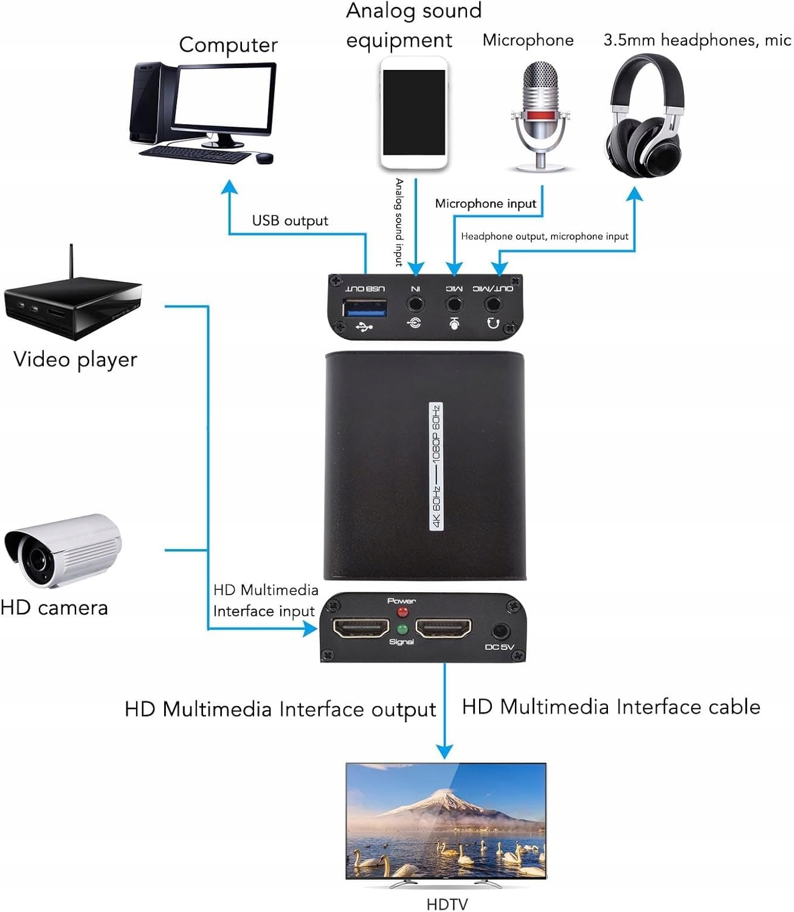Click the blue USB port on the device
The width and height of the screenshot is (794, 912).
point(365,308)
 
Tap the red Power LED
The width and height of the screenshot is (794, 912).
point(402,613)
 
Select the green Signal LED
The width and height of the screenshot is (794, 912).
point(402,630)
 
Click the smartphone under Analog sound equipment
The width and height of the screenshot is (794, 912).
point(414,112)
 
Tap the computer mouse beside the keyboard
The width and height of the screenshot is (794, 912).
point(264,158)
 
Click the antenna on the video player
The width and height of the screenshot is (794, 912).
point(71,261)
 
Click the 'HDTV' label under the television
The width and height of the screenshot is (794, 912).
point(447,904)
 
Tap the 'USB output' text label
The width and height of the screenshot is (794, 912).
point(290,221)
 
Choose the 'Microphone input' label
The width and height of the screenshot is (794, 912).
point(485,204)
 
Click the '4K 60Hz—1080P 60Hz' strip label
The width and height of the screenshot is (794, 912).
point(437,466)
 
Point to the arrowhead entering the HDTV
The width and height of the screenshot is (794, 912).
point(445,751)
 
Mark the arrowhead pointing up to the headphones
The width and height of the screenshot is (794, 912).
point(634,195)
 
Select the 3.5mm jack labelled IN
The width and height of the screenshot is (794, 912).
point(416,302)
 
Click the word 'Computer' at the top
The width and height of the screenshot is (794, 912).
point(228,45)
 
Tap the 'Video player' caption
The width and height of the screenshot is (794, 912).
point(75,359)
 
